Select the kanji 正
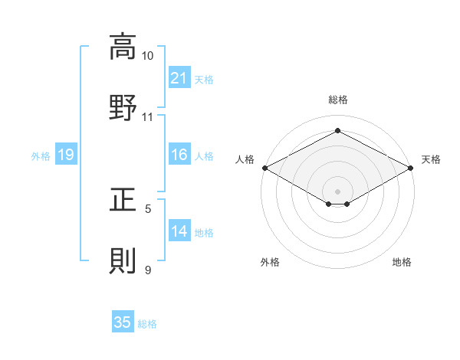coord(123,200)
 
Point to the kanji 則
coord(123,260)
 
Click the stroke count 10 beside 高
coord(148,56)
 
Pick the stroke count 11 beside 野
coord(148,116)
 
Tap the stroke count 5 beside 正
coord(148,208)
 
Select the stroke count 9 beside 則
coord(148,270)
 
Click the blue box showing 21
coord(179,77)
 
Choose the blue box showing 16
coord(179,155)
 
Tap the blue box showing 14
coord(179,231)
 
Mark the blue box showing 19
coord(65,155)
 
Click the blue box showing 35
coord(123,322)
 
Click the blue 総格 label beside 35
coord(147,324)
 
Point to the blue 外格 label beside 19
coord(41,156)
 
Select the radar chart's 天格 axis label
coord(431,159)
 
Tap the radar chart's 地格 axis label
coord(402,262)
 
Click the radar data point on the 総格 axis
coord(337,131)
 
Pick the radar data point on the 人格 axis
coord(264,168)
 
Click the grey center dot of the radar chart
coord(337,191)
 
